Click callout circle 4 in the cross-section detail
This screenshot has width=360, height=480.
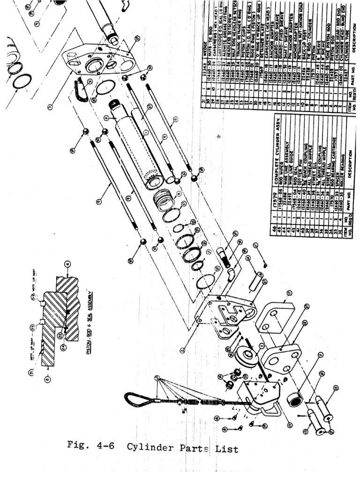tap(67, 264)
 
